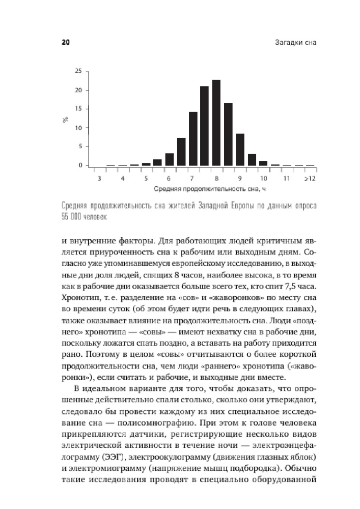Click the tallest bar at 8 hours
click(216, 123)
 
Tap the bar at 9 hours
click(240, 150)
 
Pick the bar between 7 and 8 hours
click(204, 126)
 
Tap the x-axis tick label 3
click(98, 179)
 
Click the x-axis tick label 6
click(169, 179)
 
